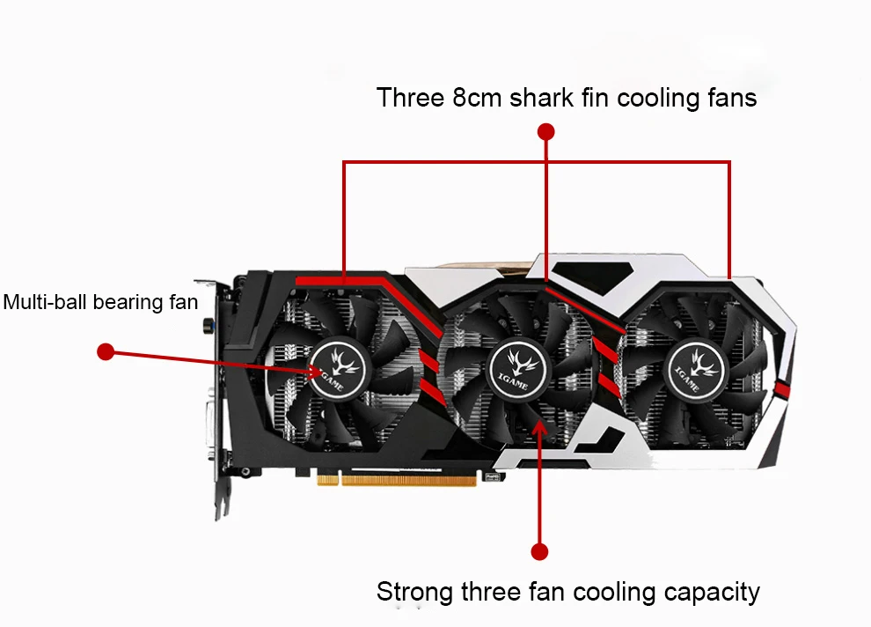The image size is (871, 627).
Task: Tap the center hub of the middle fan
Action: [517, 364]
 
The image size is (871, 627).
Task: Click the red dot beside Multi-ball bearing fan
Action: [106, 352]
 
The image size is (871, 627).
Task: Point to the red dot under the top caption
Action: [546, 132]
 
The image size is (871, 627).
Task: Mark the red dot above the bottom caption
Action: [540, 552]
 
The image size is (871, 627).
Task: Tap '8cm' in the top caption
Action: [477, 97]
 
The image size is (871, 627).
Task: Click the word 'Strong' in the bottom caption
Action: [414, 592]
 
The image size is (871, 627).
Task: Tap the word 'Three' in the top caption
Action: [410, 97]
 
